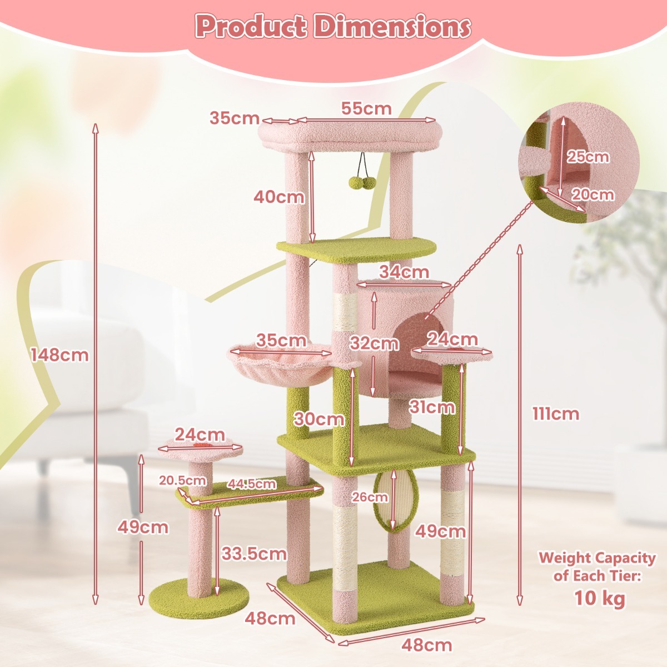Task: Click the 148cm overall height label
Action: click(x=59, y=355)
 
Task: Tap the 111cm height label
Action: click(x=556, y=414)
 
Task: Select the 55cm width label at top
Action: click(x=366, y=108)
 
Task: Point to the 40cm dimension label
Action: click(x=279, y=196)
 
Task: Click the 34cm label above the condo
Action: click(x=404, y=272)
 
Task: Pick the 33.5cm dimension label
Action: click(x=254, y=553)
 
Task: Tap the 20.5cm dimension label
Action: click(x=182, y=480)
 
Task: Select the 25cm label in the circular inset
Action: click(x=588, y=157)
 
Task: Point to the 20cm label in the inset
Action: click(x=593, y=195)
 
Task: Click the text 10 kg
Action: click(x=599, y=598)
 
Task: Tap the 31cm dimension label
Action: click(x=432, y=407)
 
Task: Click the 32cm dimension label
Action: click(x=374, y=344)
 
